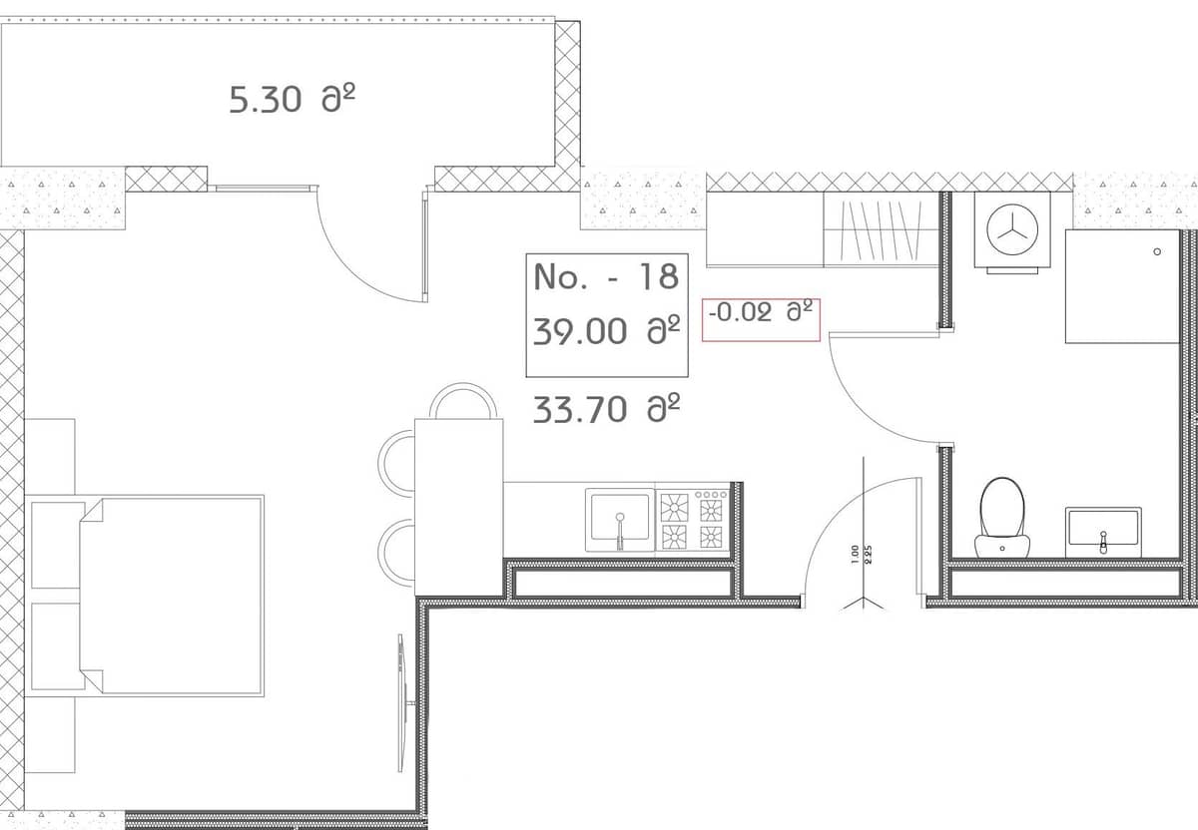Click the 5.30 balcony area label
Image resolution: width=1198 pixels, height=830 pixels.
tap(293, 100)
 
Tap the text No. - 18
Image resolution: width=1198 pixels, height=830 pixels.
tap(606, 276)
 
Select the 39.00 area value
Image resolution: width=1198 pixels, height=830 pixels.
tap(606, 330)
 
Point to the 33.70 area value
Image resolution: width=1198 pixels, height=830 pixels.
tap(606, 409)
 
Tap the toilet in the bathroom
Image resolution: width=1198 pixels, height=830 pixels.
tap(1002, 514)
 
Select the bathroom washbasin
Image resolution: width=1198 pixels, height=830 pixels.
tap(1102, 529)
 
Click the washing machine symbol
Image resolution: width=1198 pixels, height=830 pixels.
tap(1011, 230)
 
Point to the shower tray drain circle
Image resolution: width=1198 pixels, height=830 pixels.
tap(1156, 251)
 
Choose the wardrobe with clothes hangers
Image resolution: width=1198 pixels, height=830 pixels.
tap(880, 230)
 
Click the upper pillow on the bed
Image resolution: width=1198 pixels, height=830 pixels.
tap(58, 545)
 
